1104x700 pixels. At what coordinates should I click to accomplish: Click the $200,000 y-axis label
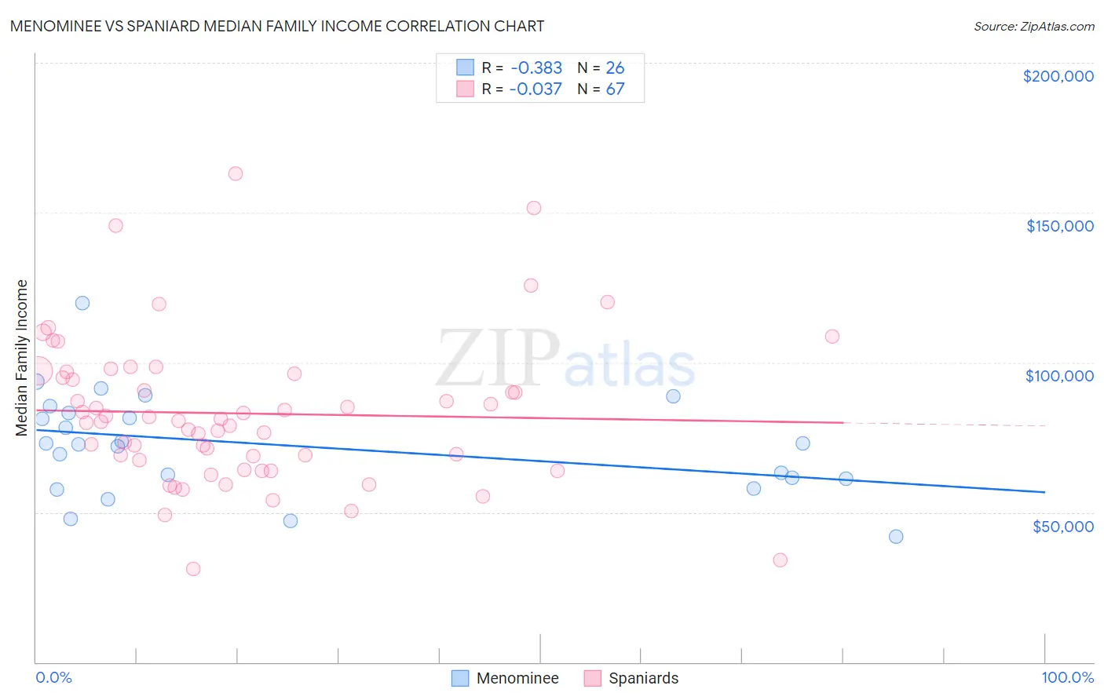coord(1058,76)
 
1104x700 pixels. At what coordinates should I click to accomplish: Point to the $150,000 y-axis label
coord(1059,226)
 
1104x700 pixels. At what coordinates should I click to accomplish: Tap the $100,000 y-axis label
coord(1059,376)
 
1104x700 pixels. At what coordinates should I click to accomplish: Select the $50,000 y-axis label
coord(1062,526)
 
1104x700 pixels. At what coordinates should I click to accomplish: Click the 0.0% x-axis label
coord(53,677)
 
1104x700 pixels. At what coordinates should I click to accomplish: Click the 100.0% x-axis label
coord(1067,677)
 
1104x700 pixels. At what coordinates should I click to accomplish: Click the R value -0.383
coord(536,67)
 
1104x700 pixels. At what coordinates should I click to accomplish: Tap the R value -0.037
coord(536,89)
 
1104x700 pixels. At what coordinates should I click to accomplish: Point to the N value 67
coord(615,89)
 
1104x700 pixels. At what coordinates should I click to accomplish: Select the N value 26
coord(615,67)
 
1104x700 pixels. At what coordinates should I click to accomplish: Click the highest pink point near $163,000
coord(236,173)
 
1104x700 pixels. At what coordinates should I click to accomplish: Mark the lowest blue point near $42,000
coord(896,537)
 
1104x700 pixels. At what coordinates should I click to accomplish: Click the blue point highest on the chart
coord(82,303)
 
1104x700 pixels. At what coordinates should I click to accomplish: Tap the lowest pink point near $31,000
coord(193,569)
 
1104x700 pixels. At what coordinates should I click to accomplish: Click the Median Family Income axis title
coord(21,358)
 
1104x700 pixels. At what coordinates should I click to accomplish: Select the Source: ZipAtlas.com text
coord(1033,27)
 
